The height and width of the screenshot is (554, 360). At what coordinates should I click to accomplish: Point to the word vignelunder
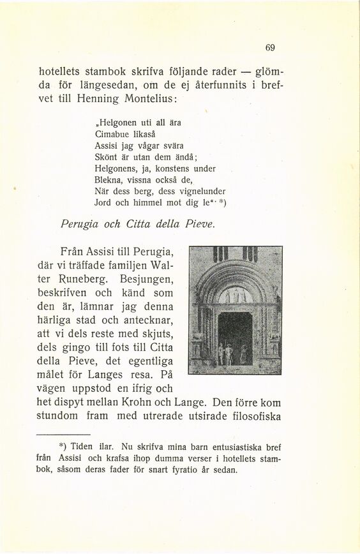click(x=191, y=191)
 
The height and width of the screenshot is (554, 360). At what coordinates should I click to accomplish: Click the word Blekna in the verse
click(x=109, y=180)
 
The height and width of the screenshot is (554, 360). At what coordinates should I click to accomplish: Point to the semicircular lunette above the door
click(x=236, y=294)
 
